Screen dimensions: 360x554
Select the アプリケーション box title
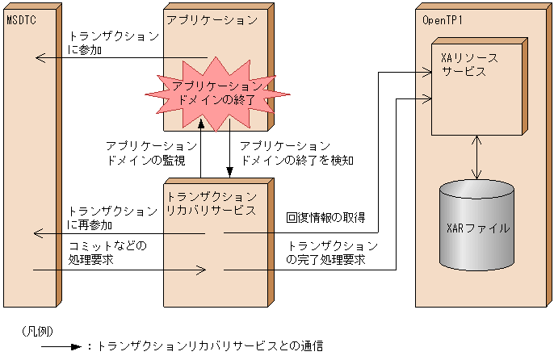pyautogui.click(x=212, y=19)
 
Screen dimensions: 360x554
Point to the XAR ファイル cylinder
pyautogui.click(x=477, y=227)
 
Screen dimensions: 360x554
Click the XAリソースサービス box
pyautogui.click(x=476, y=85)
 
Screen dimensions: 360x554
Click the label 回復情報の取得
pyautogui.click(x=325, y=218)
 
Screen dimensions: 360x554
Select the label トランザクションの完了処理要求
pyautogui.click(x=331, y=253)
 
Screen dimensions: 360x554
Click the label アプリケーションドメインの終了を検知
pyautogui.click(x=298, y=153)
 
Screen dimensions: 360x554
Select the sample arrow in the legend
pyautogui.click(x=60, y=346)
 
